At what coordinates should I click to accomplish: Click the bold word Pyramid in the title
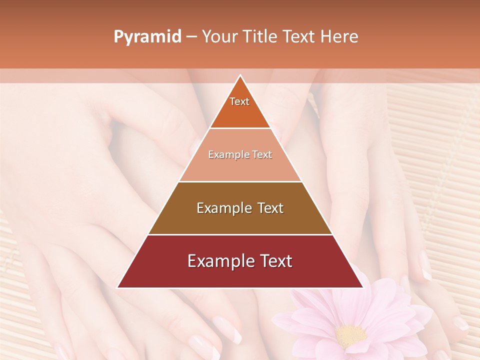(147, 37)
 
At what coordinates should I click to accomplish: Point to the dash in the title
(191, 37)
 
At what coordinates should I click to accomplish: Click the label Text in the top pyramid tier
(239, 101)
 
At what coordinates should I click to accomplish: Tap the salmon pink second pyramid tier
(240, 167)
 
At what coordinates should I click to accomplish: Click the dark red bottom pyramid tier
(240, 275)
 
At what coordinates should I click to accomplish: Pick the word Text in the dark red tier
(274, 261)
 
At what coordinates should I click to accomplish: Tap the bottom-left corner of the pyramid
(117, 287)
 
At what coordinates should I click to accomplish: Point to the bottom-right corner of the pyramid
(363, 287)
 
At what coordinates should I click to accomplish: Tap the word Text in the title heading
(300, 37)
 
